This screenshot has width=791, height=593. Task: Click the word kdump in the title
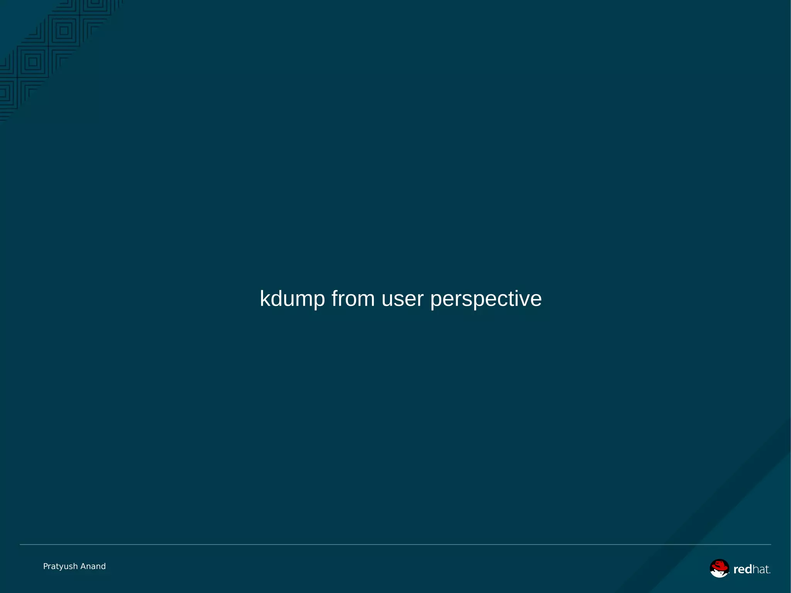pos(292,299)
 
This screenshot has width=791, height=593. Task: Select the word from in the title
pos(353,299)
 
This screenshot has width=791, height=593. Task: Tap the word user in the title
pos(402,299)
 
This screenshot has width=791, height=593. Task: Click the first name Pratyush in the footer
pos(60,566)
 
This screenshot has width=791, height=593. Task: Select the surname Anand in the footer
pos(93,566)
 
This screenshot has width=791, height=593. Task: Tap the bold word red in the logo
pos(742,569)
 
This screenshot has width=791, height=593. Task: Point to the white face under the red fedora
pos(718,573)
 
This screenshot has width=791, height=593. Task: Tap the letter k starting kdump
pos(265,299)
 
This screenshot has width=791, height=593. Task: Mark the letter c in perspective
pos(500,299)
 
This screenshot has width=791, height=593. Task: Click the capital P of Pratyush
pos(46,566)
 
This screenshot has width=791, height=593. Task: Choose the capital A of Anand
pos(83,566)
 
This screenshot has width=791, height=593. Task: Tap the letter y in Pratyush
pos(60,567)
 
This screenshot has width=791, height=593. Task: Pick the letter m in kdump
pos(302,299)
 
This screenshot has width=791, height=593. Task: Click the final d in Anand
pos(103,566)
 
